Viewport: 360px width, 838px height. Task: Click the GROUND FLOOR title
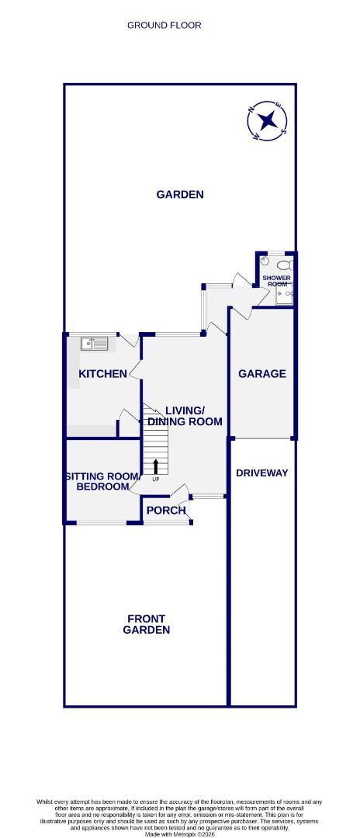(x=164, y=25)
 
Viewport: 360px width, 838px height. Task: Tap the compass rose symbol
(x=268, y=120)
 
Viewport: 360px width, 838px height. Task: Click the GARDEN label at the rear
(x=180, y=195)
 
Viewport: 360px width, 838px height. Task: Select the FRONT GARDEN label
(x=147, y=625)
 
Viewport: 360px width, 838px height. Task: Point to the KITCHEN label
(x=102, y=374)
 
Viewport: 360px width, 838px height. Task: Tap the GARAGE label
(x=261, y=373)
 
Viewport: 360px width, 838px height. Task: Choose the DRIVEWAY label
(x=261, y=473)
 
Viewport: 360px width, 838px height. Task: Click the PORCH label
(x=166, y=510)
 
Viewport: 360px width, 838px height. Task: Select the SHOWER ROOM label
(x=275, y=281)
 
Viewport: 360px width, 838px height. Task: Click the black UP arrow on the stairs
(x=156, y=466)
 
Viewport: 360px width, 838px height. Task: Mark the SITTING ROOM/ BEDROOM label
(x=102, y=481)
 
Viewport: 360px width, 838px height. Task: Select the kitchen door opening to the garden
(x=129, y=340)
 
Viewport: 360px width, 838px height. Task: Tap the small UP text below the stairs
(x=156, y=479)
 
